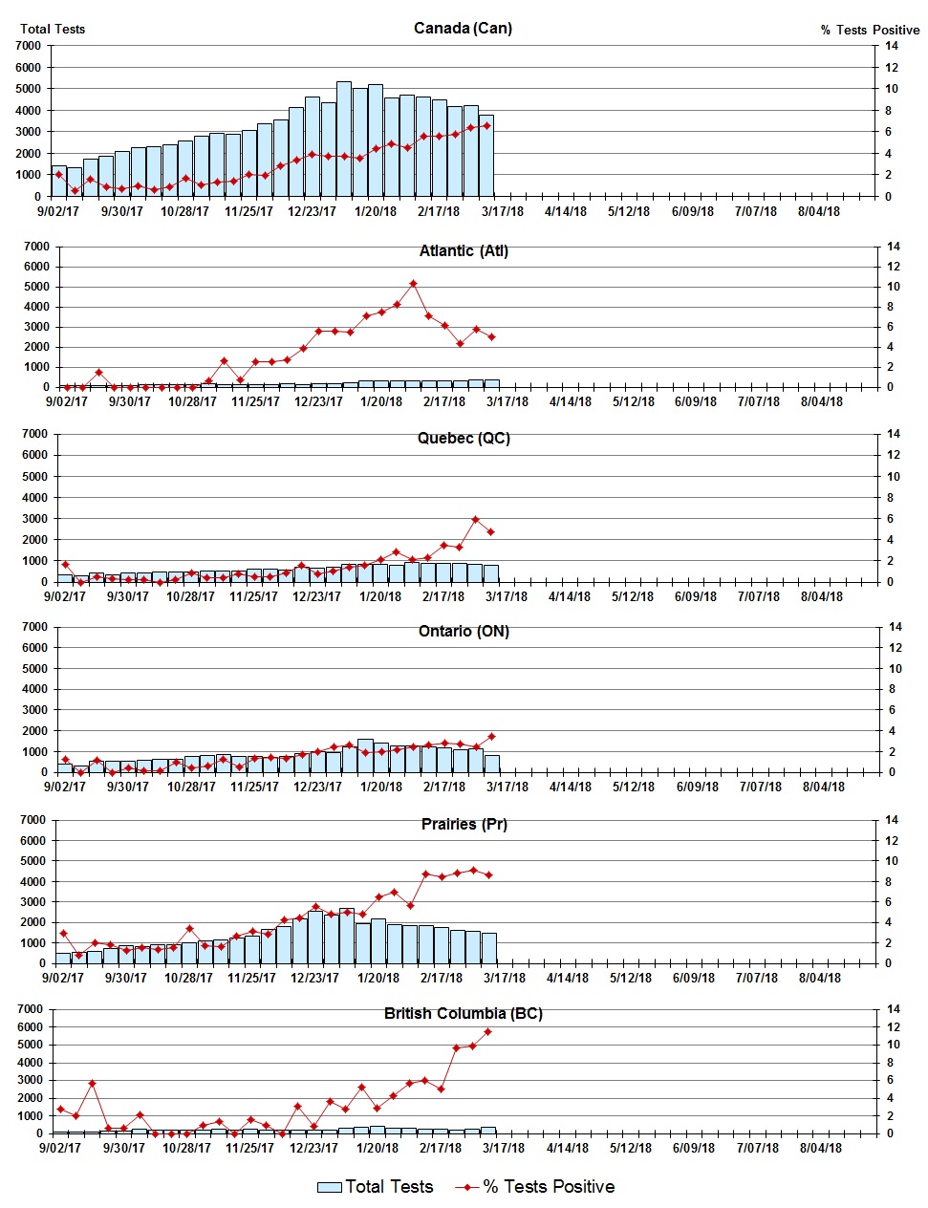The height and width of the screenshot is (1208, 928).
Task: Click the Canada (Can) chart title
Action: (463, 28)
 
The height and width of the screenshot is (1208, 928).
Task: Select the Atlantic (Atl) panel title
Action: (464, 250)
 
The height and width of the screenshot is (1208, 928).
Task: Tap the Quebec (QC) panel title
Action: (464, 438)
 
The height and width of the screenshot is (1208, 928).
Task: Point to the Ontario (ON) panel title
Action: (464, 631)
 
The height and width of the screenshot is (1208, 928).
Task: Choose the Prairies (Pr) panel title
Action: (464, 823)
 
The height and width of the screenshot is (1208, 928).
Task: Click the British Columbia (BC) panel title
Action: (463, 1013)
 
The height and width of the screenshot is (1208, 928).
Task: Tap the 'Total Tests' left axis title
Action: (53, 29)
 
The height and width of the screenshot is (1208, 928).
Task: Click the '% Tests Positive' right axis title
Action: (870, 30)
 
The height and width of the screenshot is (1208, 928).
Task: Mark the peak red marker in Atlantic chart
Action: (413, 284)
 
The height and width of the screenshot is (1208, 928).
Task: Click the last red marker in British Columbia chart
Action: (488, 1031)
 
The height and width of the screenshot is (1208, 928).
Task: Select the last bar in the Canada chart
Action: (486, 156)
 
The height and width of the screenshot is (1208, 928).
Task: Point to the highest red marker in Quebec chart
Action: (475, 519)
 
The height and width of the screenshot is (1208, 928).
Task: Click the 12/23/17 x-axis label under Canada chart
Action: (312, 211)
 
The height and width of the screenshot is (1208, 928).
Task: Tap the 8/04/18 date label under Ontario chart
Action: (823, 787)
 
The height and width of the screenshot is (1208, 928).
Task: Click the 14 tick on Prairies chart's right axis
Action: (892, 820)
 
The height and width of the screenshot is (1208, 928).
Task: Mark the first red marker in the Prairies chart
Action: (63, 933)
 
